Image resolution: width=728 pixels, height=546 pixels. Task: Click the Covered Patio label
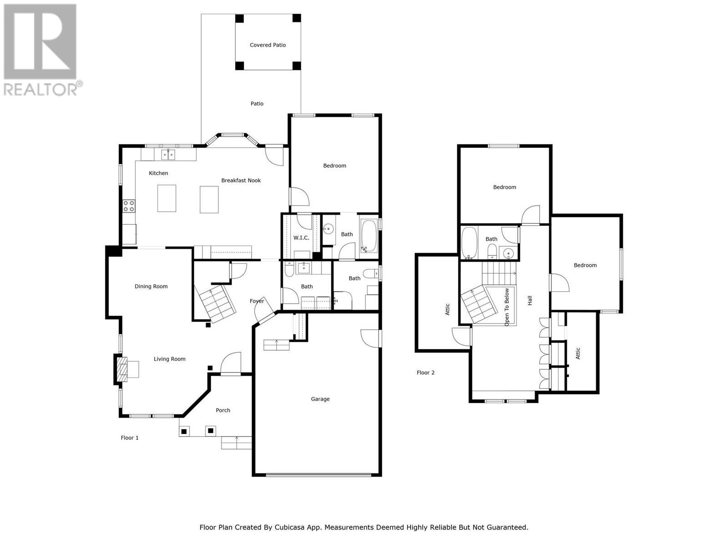[x=268, y=45]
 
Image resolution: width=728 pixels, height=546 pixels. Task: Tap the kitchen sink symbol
[x=168, y=155]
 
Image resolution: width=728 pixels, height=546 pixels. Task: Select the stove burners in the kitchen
[x=129, y=206]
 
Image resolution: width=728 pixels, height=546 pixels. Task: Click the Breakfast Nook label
[x=241, y=181]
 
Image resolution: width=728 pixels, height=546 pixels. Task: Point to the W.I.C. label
[x=301, y=238]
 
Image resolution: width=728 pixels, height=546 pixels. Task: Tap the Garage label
[x=320, y=399]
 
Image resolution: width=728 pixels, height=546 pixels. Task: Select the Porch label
[x=222, y=410]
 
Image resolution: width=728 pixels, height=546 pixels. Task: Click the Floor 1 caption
[x=129, y=438]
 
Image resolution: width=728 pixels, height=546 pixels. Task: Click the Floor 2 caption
[x=425, y=373]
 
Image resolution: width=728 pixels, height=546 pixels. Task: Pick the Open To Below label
[x=507, y=307]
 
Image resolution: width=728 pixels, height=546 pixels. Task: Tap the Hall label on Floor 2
[x=530, y=300]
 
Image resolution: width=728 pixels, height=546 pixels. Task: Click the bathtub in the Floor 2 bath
[x=469, y=242]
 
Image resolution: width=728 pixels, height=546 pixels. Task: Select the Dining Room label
[x=151, y=287]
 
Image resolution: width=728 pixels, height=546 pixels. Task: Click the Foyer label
[x=257, y=301]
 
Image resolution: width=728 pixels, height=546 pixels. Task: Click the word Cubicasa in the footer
[x=290, y=527]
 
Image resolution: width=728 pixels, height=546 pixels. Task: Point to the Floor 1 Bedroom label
[x=334, y=166]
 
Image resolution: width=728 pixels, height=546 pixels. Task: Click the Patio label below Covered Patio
[x=257, y=104]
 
